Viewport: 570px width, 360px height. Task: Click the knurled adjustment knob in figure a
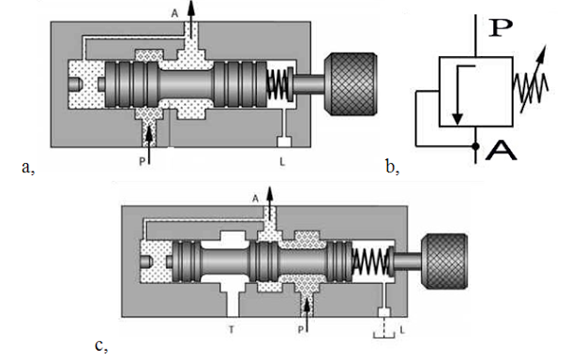pyautogui.click(x=351, y=84)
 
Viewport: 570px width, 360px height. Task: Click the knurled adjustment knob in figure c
pyautogui.click(x=444, y=262)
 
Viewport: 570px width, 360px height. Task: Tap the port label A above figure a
pyautogui.click(x=175, y=13)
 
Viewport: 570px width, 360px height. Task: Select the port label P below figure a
pyautogui.click(x=142, y=161)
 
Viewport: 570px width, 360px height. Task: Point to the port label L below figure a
pyautogui.click(x=282, y=162)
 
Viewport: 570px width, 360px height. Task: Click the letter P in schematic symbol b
pyautogui.click(x=501, y=27)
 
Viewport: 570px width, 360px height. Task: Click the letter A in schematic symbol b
pyautogui.click(x=501, y=151)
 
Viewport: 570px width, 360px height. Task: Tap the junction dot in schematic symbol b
pyautogui.click(x=475, y=146)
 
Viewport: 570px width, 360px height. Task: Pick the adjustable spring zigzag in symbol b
pyautogui.click(x=531, y=87)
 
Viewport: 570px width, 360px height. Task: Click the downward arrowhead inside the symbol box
pyautogui.click(x=457, y=119)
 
